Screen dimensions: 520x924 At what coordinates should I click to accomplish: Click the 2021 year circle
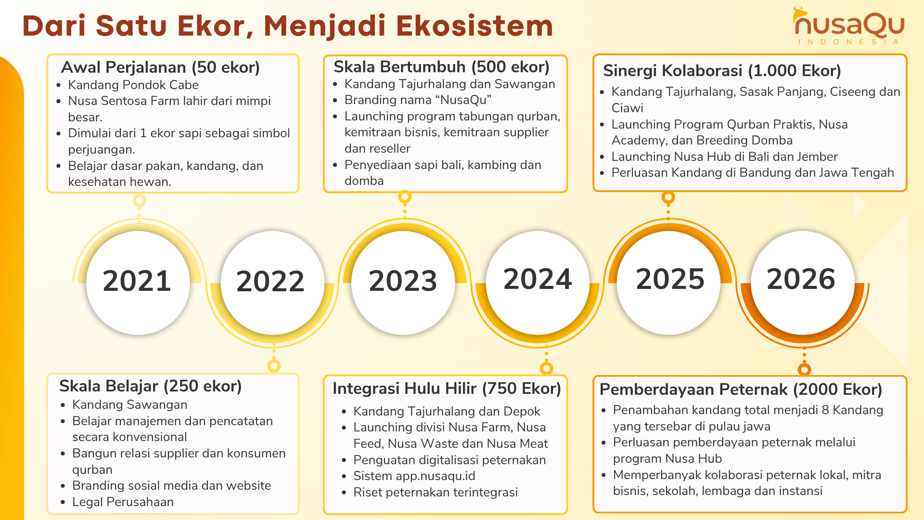pos(138,282)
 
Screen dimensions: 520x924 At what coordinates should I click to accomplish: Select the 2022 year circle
pos(271,282)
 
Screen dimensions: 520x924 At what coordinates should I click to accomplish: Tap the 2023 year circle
pos(403,282)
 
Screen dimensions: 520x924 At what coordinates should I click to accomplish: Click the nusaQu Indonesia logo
pos(849,26)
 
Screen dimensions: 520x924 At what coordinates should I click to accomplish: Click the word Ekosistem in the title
pos(475,26)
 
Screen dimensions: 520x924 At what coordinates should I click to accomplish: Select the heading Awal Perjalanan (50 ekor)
pos(160,67)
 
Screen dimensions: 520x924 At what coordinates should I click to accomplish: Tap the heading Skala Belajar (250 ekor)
pos(150,386)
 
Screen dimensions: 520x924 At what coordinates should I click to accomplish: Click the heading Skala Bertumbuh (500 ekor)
pos(441,67)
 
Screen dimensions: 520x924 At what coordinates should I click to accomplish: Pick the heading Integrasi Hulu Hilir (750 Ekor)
pos(447,389)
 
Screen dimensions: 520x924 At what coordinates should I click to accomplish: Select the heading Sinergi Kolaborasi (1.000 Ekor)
pos(722,71)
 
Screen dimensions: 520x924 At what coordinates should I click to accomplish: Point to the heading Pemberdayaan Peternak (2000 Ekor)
pos(741,390)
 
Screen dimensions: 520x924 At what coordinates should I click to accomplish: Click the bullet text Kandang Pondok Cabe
pos(133,85)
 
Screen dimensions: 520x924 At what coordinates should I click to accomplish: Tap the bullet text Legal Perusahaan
pos(123,502)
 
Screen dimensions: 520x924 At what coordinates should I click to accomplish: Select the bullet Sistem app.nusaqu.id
pos(414,476)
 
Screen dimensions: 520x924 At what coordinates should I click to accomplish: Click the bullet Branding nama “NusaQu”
pos(418,100)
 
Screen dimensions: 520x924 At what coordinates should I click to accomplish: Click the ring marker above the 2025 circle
pos(668,197)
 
